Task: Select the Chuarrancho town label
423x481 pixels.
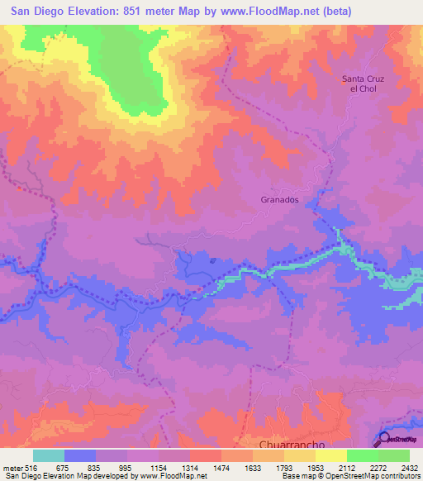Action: point(272,444)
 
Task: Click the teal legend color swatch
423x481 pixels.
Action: point(49,455)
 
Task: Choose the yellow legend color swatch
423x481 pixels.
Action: point(331,455)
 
